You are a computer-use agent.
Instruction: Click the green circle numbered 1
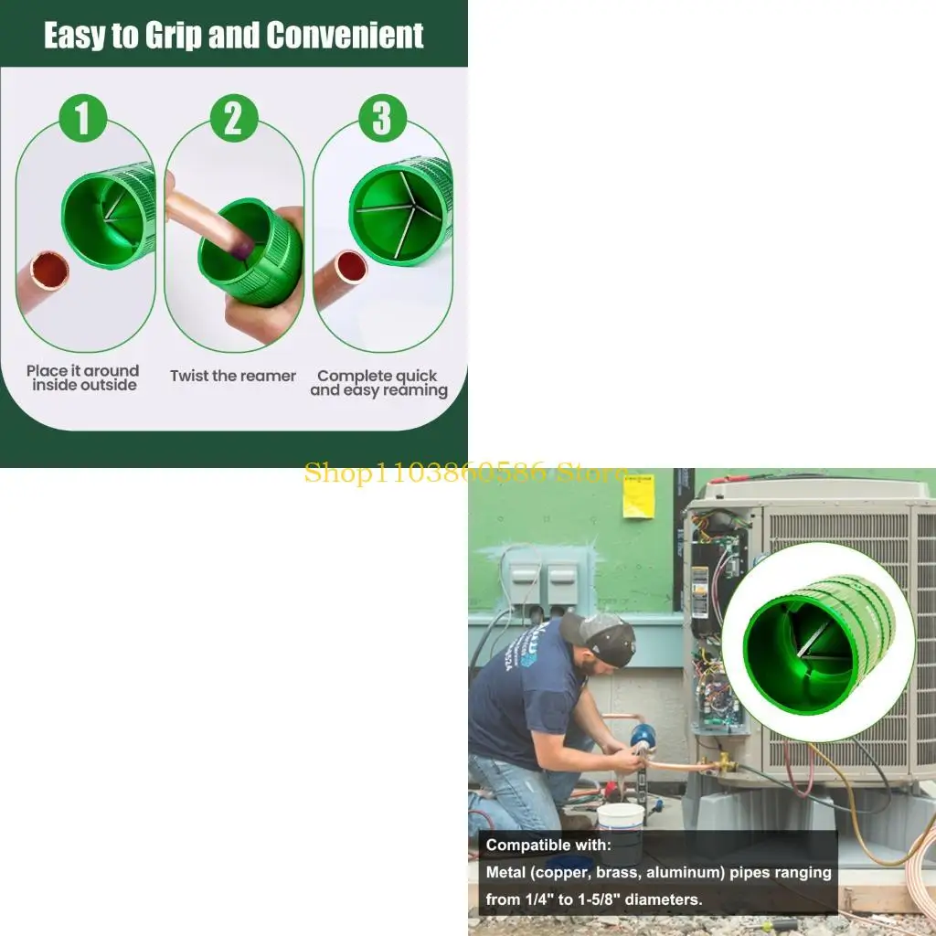[82, 118]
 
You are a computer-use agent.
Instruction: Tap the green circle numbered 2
[234, 118]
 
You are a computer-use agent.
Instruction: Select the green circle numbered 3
[382, 118]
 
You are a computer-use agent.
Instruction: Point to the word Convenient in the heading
[345, 35]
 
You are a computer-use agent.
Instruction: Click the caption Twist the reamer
[233, 376]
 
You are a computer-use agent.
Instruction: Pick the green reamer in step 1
[109, 215]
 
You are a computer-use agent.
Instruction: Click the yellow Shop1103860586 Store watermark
[465, 473]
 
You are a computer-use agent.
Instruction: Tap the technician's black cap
[599, 637]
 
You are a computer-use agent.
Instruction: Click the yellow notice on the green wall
[639, 496]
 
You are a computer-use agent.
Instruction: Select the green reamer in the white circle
[818, 644]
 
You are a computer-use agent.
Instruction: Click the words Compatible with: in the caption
[548, 846]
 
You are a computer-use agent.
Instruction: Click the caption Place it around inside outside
[83, 378]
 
